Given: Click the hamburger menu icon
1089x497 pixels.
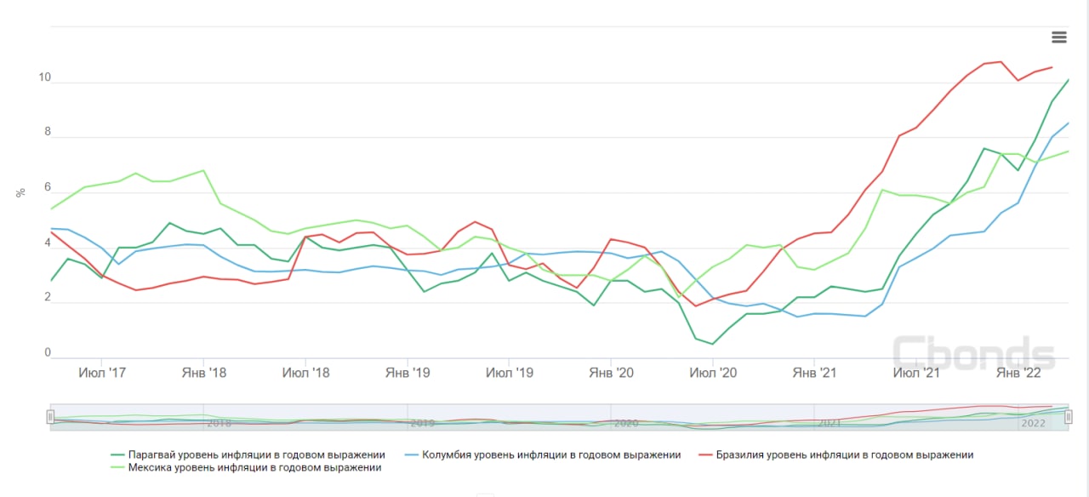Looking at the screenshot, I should point(1058,37).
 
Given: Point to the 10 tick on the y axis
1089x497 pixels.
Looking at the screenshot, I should point(44,78).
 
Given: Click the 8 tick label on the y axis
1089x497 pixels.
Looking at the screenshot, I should point(48,133).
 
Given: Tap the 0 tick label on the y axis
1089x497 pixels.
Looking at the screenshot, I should point(48,353).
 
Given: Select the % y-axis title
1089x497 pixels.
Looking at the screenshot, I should point(20,193).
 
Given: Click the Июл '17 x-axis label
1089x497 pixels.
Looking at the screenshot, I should point(102,373).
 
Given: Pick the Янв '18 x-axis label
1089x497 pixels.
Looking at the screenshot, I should point(204,373).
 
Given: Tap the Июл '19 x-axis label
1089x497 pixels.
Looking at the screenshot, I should point(510,373).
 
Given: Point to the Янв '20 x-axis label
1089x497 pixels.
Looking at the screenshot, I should point(612,373).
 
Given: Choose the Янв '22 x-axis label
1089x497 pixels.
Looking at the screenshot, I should point(1018,373).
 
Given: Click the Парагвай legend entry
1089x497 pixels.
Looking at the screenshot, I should point(255,454).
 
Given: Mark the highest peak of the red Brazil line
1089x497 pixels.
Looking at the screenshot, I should point(1001,61).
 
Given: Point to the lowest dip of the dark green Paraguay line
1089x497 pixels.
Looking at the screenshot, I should point(713,344).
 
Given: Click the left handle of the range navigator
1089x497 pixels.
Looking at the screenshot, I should point(51,417).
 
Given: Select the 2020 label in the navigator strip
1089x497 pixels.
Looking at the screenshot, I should point(625,423).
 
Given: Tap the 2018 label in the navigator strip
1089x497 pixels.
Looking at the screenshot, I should point(219,423).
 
